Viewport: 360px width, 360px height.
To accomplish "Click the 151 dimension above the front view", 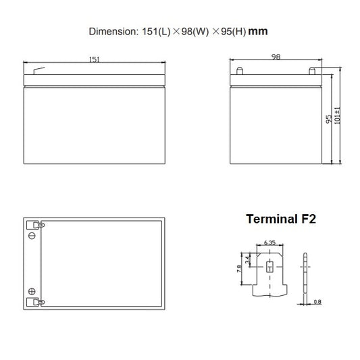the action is (94, 59).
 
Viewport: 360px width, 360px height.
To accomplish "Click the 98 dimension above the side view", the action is (276, 57).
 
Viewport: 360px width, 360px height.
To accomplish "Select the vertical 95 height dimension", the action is (329, 119).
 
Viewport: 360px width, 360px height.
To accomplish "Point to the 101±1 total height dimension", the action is (337, 115).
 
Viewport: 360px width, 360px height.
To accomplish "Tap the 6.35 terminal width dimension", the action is (269, 242).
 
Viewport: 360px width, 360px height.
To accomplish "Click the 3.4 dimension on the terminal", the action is (247, 260).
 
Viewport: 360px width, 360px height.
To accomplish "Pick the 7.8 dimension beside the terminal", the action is (239, 269).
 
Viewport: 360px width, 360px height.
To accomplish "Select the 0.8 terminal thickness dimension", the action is (317, 302).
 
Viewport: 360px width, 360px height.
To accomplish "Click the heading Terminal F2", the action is (281, 219).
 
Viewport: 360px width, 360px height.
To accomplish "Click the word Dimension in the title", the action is (112, 32).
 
